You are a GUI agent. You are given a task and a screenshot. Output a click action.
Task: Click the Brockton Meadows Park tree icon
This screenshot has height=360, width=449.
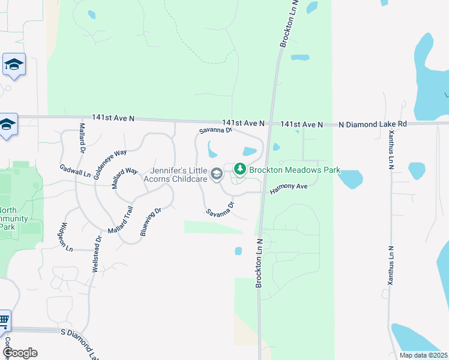[240, 170]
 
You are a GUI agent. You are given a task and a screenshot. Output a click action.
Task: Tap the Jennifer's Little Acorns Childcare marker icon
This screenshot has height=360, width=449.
[217, 175]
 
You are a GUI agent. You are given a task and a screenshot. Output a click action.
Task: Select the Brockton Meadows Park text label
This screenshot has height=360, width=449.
[294, 170]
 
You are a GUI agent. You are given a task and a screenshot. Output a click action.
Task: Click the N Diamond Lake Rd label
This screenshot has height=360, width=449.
[373, 124]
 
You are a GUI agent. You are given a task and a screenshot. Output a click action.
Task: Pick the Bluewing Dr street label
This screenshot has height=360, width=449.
[152, 221]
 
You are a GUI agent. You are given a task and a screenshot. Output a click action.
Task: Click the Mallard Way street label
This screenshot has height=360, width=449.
[125, 179]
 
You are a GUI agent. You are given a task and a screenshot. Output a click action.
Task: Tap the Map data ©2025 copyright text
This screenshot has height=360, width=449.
[423, 355]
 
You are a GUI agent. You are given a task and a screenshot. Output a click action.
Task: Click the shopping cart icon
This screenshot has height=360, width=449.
[4, 322]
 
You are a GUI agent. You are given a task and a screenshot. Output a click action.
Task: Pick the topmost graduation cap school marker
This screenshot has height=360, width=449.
[13, 64]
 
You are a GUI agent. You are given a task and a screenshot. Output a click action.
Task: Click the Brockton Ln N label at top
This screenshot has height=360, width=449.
[289, 24]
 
